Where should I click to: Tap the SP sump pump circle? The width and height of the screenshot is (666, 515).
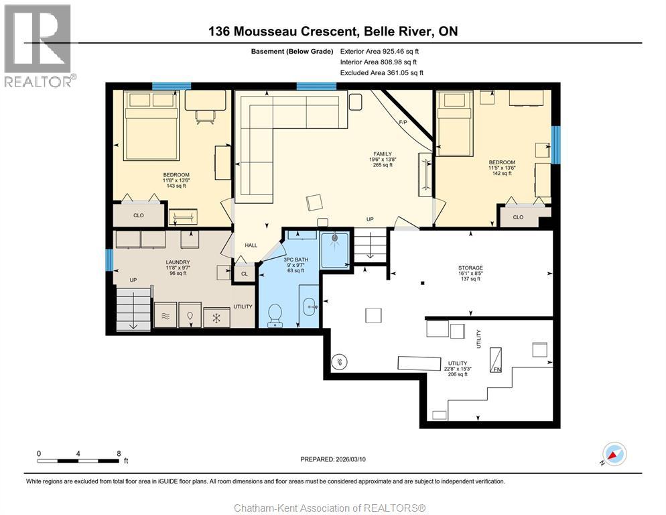pos(339,361)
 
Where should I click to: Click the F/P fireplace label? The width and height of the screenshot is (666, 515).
pos(403,122)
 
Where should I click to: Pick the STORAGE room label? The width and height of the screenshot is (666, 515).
pos(470,268)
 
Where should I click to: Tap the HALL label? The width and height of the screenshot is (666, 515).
pos(251,245)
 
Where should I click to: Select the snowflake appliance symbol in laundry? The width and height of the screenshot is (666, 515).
pos(216,317)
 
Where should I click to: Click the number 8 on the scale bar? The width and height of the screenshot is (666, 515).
pos(119,453)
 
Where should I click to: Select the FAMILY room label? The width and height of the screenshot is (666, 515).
pos(383,154)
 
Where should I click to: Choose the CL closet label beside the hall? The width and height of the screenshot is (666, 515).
pos(244,274)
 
